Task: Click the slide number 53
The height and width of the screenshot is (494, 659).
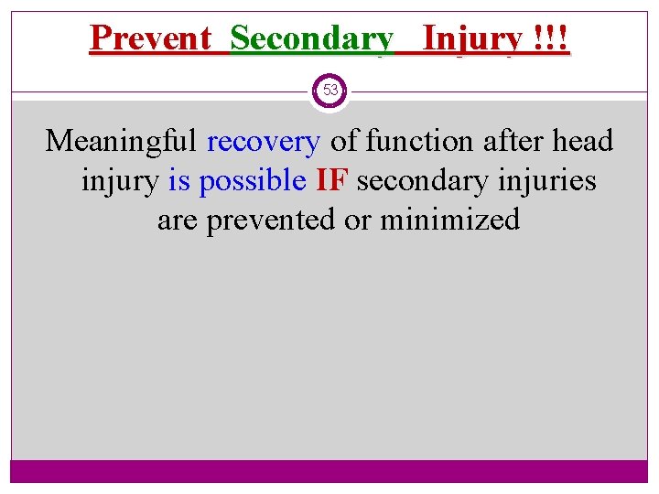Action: click(x=329, y=91)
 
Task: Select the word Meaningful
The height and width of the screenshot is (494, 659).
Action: click(x=122, y=141)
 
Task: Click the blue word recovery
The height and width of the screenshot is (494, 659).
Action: click(x=264, y=141)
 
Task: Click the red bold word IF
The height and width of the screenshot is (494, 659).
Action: click(x=330, y=180)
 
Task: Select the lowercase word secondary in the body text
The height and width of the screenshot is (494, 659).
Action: click(x=418, y=180)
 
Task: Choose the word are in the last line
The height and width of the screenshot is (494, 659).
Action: click(x=178, y=220)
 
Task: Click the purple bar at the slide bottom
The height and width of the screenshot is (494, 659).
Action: click(x=329, y=470)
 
